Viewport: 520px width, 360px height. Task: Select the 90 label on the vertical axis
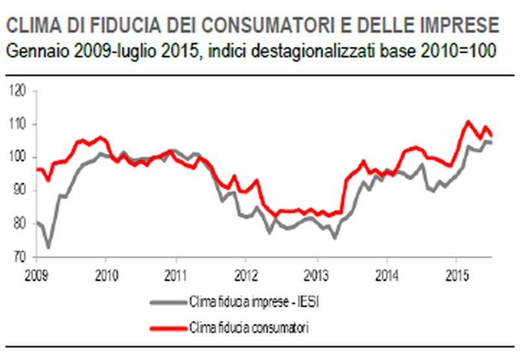pos(19,190)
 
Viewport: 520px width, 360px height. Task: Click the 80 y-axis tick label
pos(19,224)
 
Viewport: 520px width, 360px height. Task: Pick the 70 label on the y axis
pos(19,257)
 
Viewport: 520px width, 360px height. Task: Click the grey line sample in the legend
pos(167,302)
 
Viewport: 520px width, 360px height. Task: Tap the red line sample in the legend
pos(167,327)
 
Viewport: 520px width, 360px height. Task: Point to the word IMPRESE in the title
pos(461,25)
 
